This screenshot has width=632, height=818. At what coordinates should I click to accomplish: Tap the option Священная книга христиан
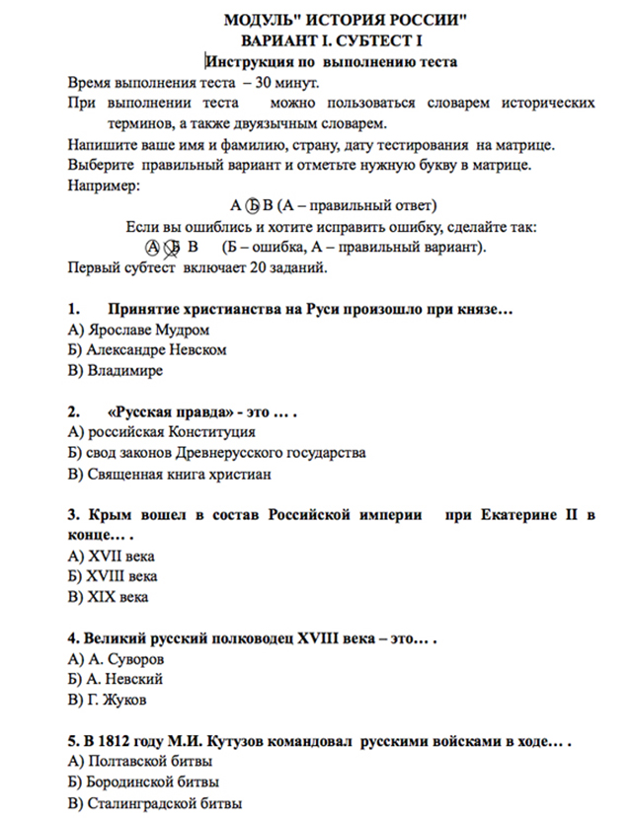coord(169,474)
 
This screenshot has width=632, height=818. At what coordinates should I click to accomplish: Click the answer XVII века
coord(111,556)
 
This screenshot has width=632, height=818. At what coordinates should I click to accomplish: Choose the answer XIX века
coord(108,597)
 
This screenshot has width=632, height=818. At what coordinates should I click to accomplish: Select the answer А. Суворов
coord(116,658)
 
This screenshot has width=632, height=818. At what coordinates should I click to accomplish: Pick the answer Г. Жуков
coord(109,700)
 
